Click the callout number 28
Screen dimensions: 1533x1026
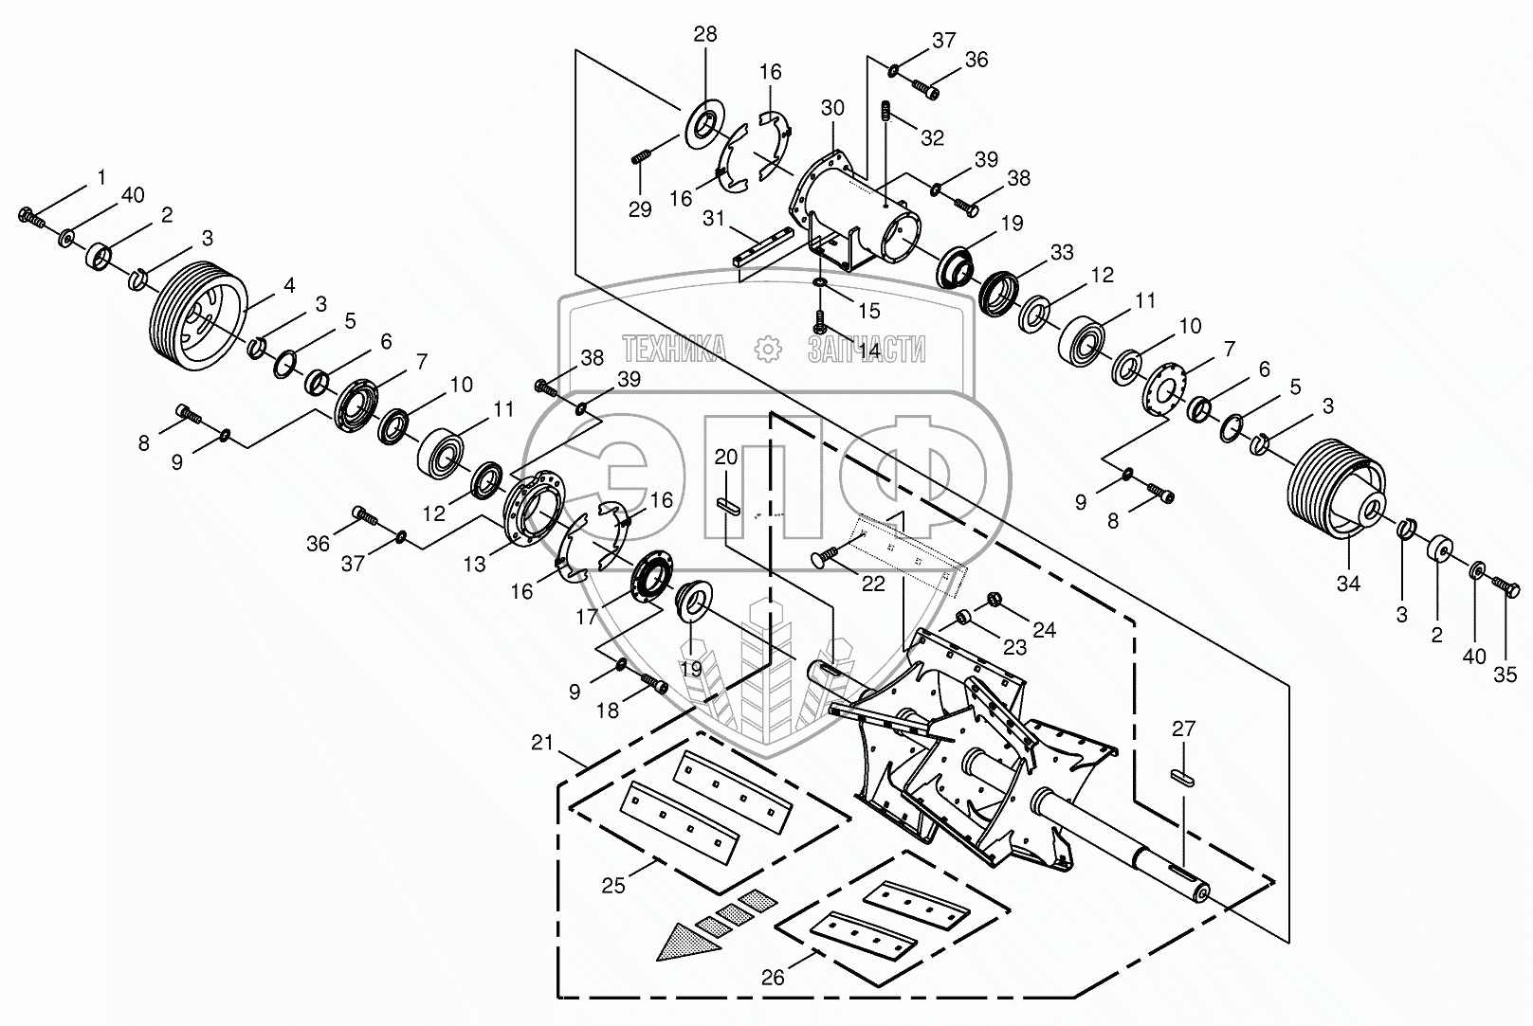point(705,34)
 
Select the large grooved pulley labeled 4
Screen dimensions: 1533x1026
point(197,316)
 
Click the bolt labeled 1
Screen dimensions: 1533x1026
point(31,217)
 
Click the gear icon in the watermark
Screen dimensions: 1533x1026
point(768,349)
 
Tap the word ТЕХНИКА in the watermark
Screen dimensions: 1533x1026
point(675,349)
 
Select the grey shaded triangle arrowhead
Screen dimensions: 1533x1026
point(688,942)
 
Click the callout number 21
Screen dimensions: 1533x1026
point(542,742)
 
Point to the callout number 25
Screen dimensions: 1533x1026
point(613,886)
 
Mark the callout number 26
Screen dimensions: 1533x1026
point(773,978)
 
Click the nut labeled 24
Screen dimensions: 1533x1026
point(995,601)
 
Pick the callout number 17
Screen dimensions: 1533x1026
point(587,617)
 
